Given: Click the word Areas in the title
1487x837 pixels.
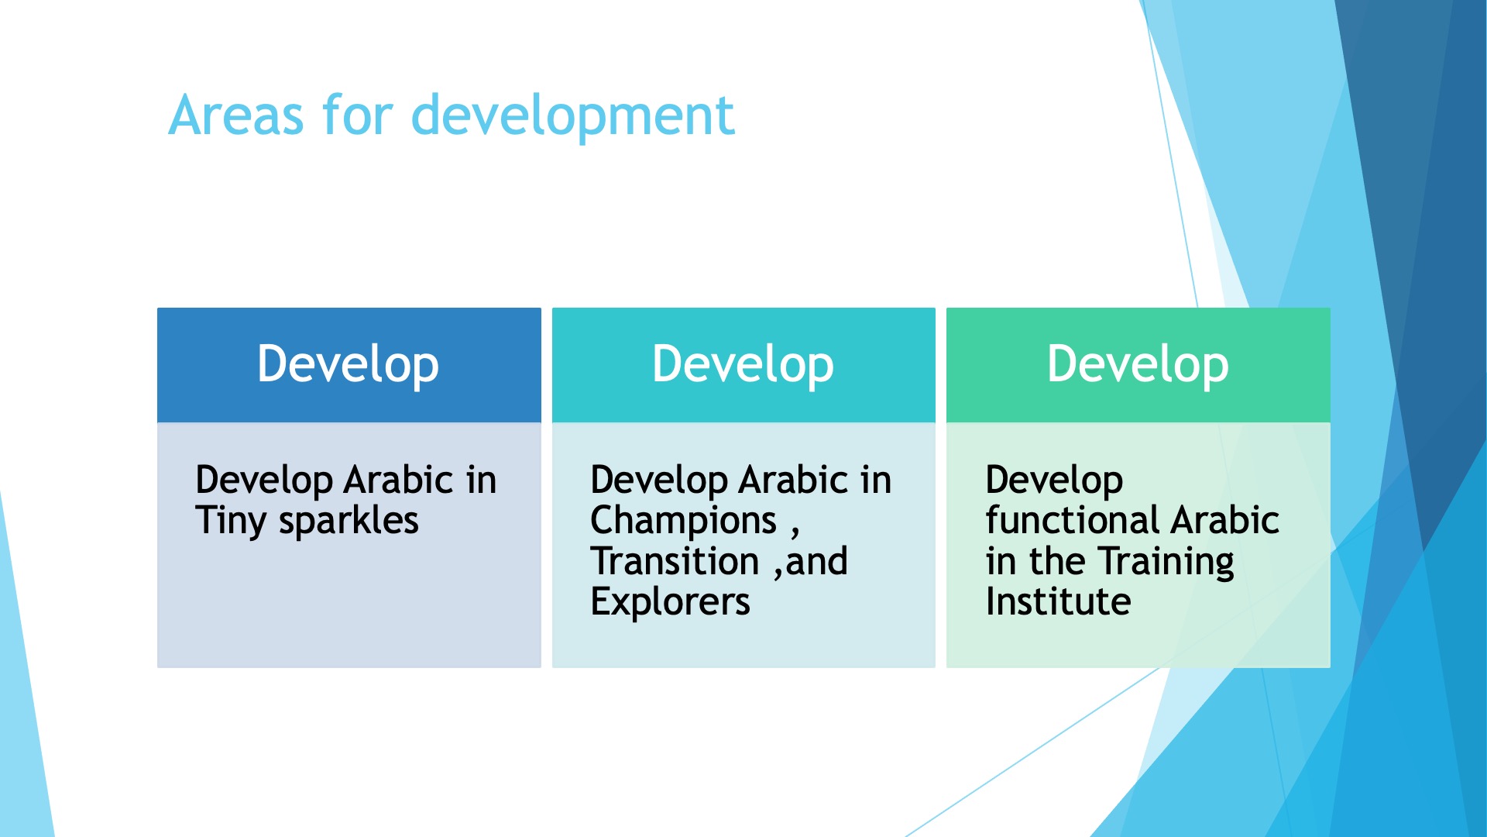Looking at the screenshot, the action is [236, 115].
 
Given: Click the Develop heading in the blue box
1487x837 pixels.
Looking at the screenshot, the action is [349, 364].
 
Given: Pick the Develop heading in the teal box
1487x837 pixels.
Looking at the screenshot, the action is [743, 364].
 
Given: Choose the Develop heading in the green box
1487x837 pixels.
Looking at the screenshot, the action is [1138, 364].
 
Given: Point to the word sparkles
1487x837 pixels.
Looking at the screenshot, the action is [349, 521].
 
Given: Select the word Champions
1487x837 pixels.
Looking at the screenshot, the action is [683, 521].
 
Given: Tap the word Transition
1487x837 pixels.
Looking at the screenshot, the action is [675, 561].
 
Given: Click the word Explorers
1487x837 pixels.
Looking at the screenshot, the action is [670, 602].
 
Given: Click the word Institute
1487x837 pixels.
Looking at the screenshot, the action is [1058, 601].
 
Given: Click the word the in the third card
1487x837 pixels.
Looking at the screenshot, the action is [1057, 561].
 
